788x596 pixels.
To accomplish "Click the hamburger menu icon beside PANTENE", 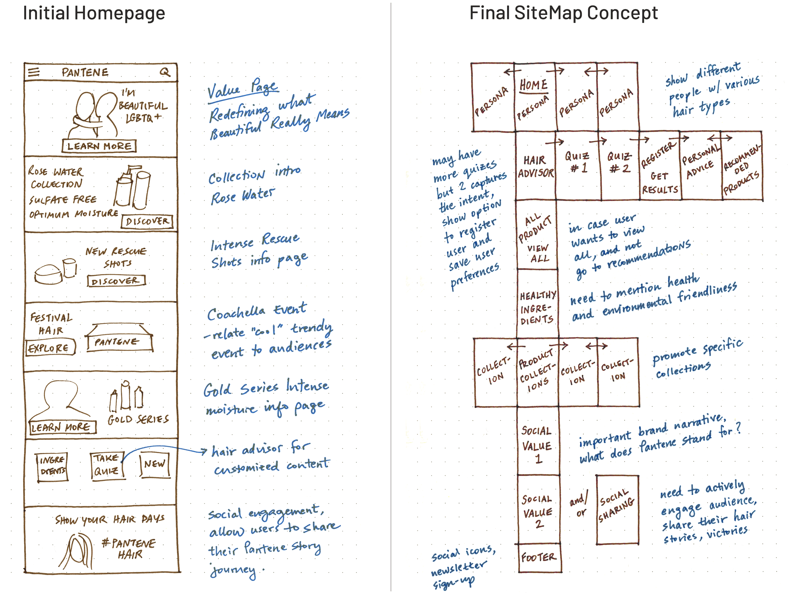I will [34, 72].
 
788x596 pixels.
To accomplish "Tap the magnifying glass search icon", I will [165, 72].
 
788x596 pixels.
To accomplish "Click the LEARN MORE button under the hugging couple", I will [99, 146].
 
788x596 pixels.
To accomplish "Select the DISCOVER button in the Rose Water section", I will [147, 222].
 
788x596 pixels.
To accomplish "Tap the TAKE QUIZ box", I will [107, 465].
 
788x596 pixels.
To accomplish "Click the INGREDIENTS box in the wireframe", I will [53, 466].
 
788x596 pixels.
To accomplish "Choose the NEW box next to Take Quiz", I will [155, 464].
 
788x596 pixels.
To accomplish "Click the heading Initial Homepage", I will [94, 13].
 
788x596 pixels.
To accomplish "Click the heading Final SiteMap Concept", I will [563, 13].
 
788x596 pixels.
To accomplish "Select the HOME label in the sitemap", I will [533, 85].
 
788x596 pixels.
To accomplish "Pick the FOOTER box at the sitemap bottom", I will [539, 557].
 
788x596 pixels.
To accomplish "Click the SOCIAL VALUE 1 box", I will [537, 445].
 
